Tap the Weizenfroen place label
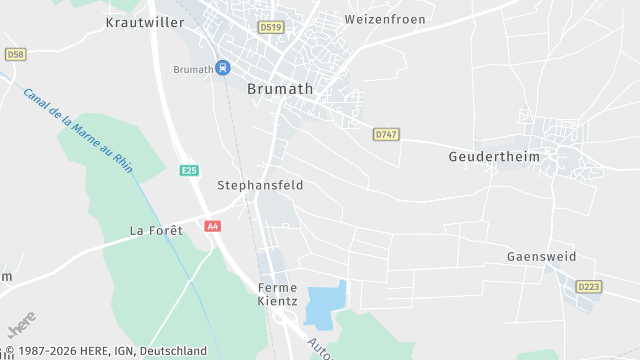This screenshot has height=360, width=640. pyautogui.click(x=384, y=19)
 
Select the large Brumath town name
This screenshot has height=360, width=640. pyautogui.click(x=279, y=89)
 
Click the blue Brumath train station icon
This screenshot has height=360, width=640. pyautogui.click(x=223, y=68)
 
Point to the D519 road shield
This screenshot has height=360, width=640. pyautogui.click(x=270, y=28)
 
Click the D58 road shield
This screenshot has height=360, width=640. pyautogui.click(x=15, y=54)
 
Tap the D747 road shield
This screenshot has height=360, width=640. pyautogui.click(x=386, y=133)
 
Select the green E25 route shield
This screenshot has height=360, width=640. pyautogui.click(x=189, y=171)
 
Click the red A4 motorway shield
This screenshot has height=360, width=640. pyautogui.click(x=212, y=226)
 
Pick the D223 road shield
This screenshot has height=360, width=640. pyautogui.click(x=589, y=287)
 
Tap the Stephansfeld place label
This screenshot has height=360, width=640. pyautogui.click(x=260, y=185)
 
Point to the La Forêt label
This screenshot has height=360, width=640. pyautogui.click(x=157, y=230)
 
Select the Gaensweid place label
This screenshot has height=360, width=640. pyautogui.click(x=541, y=257)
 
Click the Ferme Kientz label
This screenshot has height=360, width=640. pyautogui.click(x=277, y=294)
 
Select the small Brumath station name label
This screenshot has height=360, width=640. pyautogui.click(x=193, y=69)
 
